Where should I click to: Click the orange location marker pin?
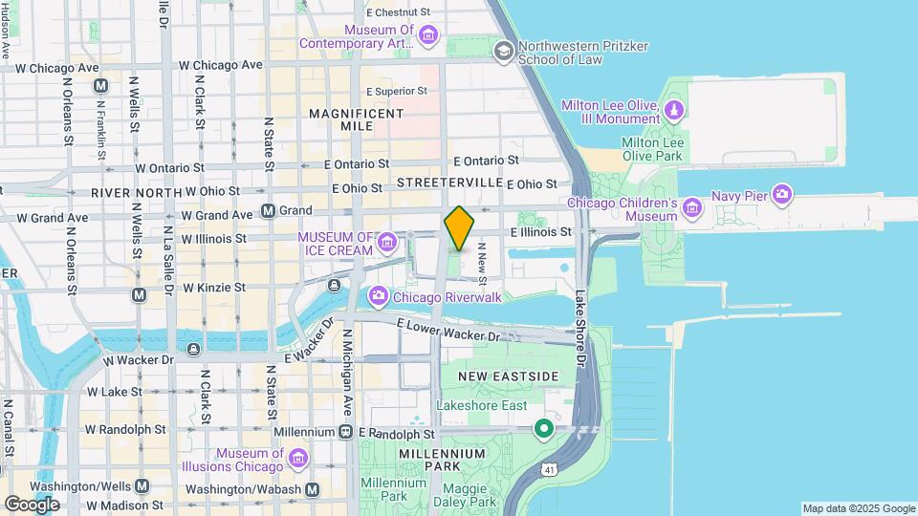(x=460, y=228)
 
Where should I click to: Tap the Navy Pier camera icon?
(x=783, y=196)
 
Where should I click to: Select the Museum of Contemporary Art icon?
(x=428, y=36)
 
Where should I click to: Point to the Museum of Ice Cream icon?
(x=387, y=243)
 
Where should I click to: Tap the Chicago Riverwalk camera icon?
(x=378, y=295)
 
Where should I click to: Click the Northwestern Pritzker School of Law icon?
(x=503, y=50)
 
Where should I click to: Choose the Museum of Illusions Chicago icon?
(x=298, y=460)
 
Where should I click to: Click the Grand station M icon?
(x=269, y=209)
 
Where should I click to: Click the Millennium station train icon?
(x=345, y=433)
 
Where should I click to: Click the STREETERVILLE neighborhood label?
(x=449, y=182)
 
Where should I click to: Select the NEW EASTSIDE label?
(x=507, y=376)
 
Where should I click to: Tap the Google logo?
(x=32, y=504)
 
